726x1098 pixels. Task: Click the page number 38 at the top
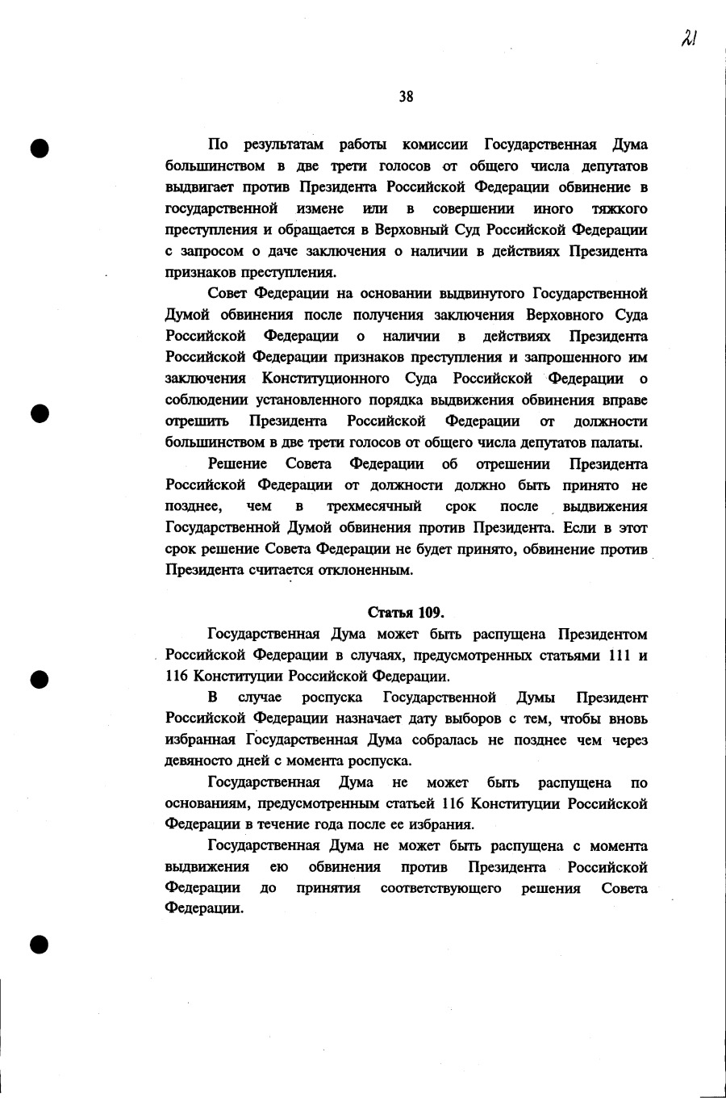[x=406, y=97]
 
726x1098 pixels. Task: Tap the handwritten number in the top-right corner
[x=688, y=38]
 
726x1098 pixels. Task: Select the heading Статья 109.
[x=406, y=613]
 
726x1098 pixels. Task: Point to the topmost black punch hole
[x=40, y=147]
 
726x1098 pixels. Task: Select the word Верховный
[x=390, y=230]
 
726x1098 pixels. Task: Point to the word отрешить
[x=197, y=421]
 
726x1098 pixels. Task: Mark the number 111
[x=619, y=656]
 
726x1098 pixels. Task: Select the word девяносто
[x=197, y=761]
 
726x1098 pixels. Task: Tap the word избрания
[x=442, y=825]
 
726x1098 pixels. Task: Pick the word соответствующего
[x=440, y=889]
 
